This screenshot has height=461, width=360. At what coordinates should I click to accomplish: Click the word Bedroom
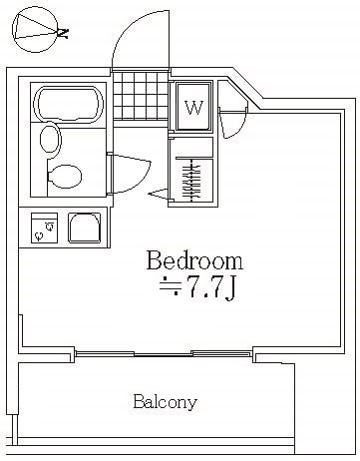[x=194, y=260]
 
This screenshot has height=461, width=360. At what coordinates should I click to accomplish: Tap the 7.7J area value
[x=212, y=287]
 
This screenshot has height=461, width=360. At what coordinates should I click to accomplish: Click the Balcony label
[x=165, y=402]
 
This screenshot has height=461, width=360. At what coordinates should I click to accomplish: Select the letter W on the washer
[x=193, y=108]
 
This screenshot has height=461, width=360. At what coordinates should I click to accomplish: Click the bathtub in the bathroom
[x=68, y=104]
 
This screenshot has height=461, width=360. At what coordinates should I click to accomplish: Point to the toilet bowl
[x=65, y=176]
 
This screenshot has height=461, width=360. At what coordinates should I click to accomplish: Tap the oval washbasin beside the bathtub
[x=51, y=139]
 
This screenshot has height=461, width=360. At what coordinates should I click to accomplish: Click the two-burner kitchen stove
[x=44, y=228]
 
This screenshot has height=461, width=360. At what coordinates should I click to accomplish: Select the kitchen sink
[x=85, y=228]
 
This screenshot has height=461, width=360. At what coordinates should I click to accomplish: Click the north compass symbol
[x=35, y=30]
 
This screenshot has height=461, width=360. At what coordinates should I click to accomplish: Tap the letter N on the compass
[x=63, y=32]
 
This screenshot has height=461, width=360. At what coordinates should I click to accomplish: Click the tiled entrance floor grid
[x=141, y=96]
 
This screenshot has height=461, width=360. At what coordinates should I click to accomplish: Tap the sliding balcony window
[x=163, y=353]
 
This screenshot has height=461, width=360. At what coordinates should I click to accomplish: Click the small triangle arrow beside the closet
[x=159, y=194]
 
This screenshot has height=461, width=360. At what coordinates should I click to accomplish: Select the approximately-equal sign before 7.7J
[x=170, y=287]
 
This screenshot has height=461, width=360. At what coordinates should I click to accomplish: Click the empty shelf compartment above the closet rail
[x=191, y=147]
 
